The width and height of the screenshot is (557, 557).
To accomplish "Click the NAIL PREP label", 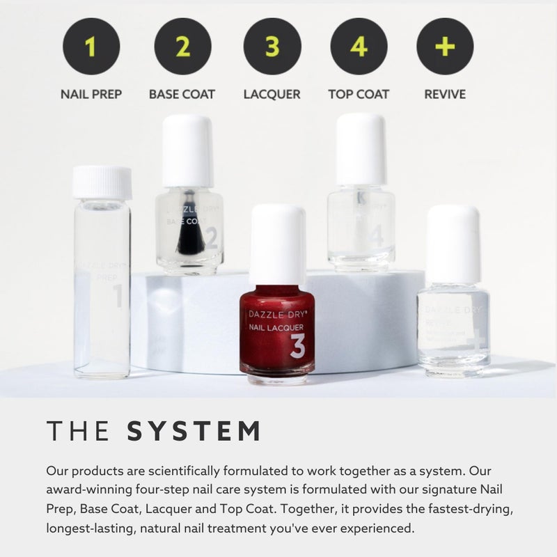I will [x=91, y=94].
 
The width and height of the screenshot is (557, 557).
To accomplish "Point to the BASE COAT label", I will [x=182, y=94].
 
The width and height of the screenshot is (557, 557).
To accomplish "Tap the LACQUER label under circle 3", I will [x=272, y=94].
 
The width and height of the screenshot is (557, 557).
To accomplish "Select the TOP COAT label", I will [x=359, y=94].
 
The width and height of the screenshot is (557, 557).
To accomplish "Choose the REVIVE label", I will [x=445, y=94].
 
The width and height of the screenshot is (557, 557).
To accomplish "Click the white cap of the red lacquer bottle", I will [x=277, y=244].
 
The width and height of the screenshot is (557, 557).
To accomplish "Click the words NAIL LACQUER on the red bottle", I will [x=276, y=327].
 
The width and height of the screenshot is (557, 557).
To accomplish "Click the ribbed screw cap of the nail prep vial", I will [x=102, y=182].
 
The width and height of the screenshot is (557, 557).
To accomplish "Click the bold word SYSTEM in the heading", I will [x=194, y=432].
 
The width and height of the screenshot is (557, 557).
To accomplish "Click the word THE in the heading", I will [x=78, y=432].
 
